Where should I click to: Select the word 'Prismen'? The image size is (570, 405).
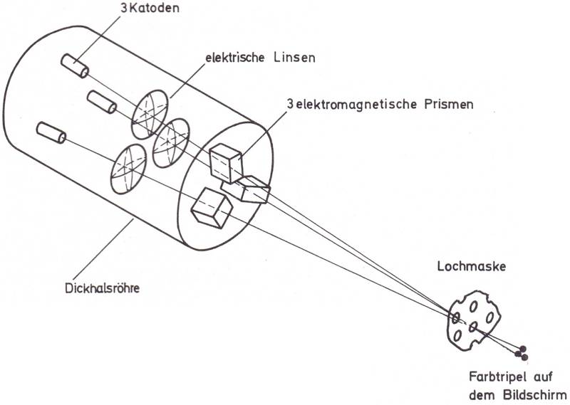coord(447,104)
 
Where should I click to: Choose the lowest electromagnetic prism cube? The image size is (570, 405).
coord(212,208)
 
